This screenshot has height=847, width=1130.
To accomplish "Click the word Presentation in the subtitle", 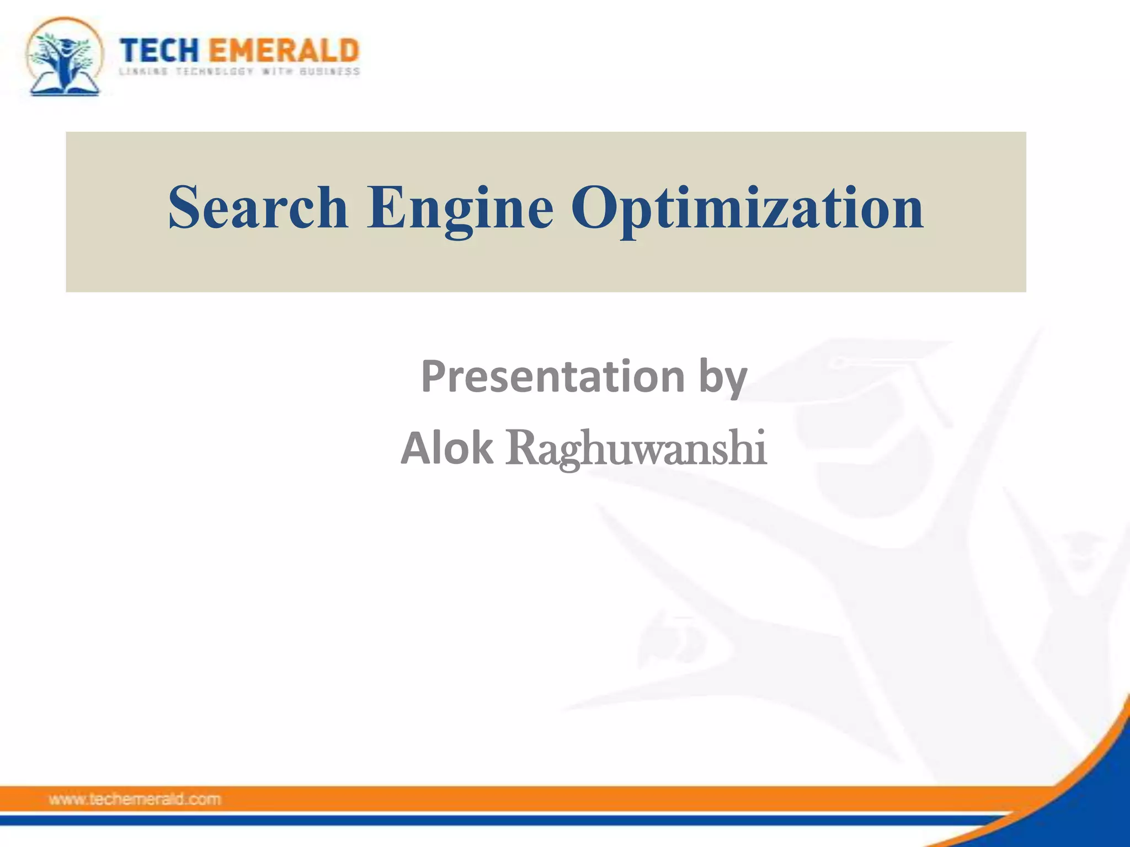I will coord(552,377).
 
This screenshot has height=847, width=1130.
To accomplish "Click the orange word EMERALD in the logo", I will coord(284,51).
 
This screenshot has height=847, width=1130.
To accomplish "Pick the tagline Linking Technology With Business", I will coord(239,72).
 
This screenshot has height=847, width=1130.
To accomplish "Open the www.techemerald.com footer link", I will coord(135,799).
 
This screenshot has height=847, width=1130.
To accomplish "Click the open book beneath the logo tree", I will coord(65,87).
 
